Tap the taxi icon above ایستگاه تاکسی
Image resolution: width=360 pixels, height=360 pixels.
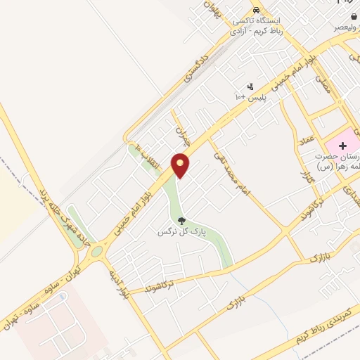coord(257,11)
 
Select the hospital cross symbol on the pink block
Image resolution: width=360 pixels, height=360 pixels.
coord(333,144)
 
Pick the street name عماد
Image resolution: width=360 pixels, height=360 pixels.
coord(307,143)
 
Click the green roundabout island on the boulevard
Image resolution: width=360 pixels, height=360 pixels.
coord(96,250)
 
